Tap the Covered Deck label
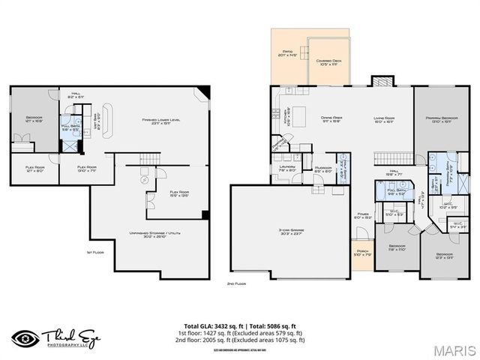coord(328,63)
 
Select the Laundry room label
coord(287,169)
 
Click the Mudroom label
coord(323,169)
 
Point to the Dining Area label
coord(331,118)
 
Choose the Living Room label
coord(385,118)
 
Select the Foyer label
coord(363,216)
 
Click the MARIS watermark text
coord(454,349)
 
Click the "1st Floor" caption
coord(94,252)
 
